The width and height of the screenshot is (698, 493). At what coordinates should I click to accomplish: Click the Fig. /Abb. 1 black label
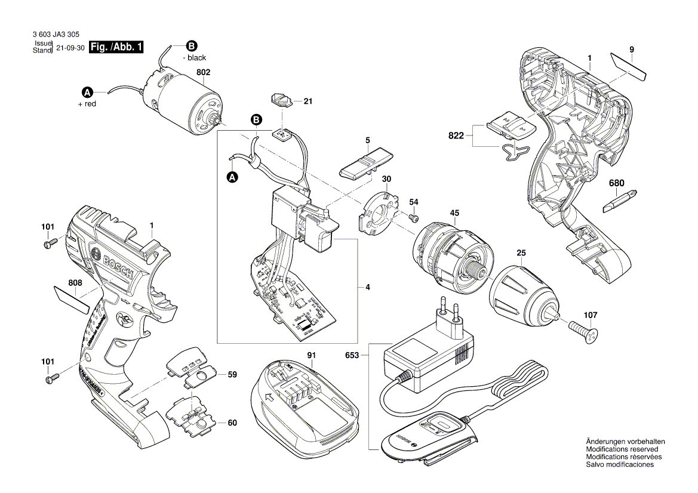tap(116, 47)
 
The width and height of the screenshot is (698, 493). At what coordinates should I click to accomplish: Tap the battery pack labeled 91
tap(305, 398)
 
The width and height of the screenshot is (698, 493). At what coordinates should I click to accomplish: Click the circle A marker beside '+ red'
tap(87, 93)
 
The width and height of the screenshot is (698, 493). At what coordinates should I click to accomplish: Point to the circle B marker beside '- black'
tap(191, 47)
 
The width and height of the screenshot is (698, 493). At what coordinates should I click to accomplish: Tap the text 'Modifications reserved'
tap(622, 449)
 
